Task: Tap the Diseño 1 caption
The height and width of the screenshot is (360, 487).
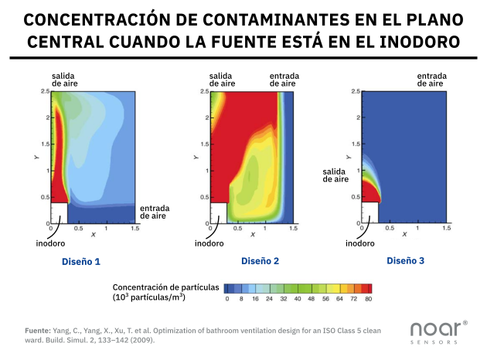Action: coord(81,262)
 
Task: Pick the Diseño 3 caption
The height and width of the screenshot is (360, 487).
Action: coord(406,262)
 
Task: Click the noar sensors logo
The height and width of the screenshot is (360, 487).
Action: coord(438,330)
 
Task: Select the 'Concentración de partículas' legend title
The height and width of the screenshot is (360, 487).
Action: coord(166,286)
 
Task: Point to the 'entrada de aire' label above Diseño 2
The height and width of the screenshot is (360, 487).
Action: coord(284,80)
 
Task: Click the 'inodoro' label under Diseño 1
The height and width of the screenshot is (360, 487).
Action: coord(51,244)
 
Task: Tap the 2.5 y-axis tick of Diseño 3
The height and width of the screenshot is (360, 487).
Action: coord(355,92)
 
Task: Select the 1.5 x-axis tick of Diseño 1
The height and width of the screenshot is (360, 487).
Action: coord(135,229)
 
